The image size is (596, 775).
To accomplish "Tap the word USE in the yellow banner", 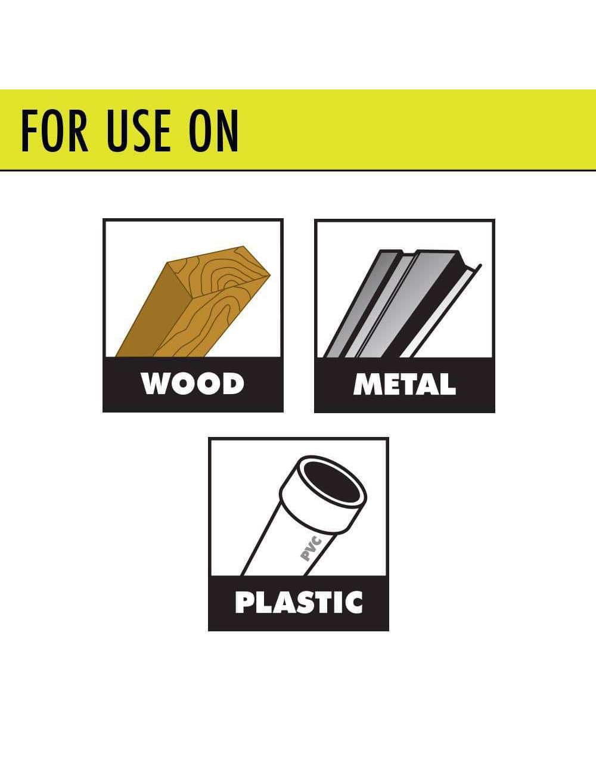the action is pyautogui.click(x=138, y=131).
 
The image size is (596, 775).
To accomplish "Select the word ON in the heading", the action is pyautogui.click(x=213, y=131).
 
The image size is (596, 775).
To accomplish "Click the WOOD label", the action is pyautogui.click(x=193, y=384).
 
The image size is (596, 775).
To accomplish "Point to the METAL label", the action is pyautogui.click(x=405, y=384).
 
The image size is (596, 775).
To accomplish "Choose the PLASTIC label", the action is pyautogui.click(x=299, y=602).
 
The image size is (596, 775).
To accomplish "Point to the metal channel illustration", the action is pyautogui.click(x=402, y=304).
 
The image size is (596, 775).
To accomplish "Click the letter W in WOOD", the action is pyautogui.click(x=154, y=384).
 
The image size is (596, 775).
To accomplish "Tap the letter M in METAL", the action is pyautogui.click(x=367, y=384).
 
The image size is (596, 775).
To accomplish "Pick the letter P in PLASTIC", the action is pyautogui.click(x=244, y=602).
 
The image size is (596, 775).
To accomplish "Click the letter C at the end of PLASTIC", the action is pyautogui.click(x=353, y=602).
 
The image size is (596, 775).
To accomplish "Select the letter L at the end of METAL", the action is pyautogui.click(x=448, y=384).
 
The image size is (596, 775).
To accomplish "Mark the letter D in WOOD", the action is pyautogui.click(x=233, y=384).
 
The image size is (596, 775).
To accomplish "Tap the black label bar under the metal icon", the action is pyautogui.click(x=405, y=385).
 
